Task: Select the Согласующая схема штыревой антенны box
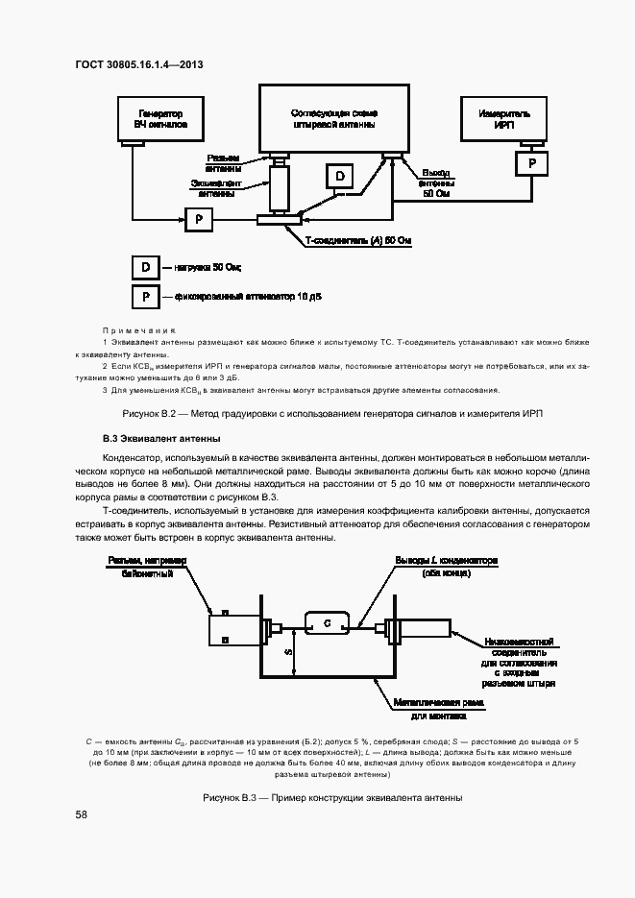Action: point(333,118)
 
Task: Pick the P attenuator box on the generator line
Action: point(199,220)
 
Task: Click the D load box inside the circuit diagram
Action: point(338,175)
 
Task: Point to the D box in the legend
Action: point(145,266)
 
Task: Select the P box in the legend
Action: point(145,297)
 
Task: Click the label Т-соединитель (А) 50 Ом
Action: point(357,241)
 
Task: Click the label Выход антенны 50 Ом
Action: point(435,182)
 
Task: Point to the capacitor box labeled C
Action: point(327,624)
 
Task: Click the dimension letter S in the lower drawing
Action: point(287,651)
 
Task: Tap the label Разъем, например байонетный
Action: point(148,567)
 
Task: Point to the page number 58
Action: point(81,814)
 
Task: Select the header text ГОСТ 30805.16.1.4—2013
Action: point(139,65)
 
